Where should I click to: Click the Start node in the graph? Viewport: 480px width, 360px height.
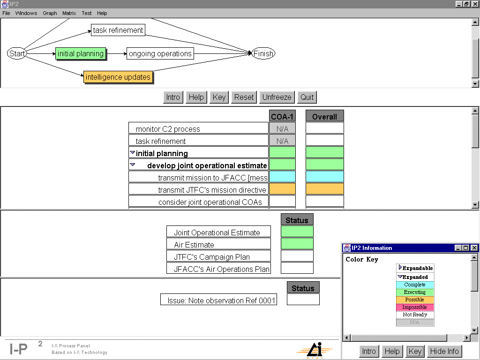coord(17,53)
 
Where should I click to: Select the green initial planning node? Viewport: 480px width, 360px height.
coord(81,54)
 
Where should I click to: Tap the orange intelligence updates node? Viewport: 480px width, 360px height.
coord(118,77)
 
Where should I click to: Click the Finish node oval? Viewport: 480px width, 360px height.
coord(263,53)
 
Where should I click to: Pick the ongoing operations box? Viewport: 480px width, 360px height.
coord(160,53)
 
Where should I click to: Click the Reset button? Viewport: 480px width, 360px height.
coord(244,97)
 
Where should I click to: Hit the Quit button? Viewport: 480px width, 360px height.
coord(307,97)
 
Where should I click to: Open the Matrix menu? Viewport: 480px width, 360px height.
coord(69,13)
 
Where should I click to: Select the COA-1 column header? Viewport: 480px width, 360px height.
coord(282,116)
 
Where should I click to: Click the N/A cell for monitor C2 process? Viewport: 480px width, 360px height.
coord(282,128)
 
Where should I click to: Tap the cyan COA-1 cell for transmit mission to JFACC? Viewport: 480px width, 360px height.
coord(282,177)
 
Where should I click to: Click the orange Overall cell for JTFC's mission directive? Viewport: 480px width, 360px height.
coord(324,189)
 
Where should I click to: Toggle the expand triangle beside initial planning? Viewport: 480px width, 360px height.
coord(132,152)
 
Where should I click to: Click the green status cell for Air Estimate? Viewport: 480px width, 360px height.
coord(297,244)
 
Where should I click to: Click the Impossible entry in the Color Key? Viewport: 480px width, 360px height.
coord(415,307)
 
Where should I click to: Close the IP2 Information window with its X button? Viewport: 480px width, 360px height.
coord(474,248)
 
